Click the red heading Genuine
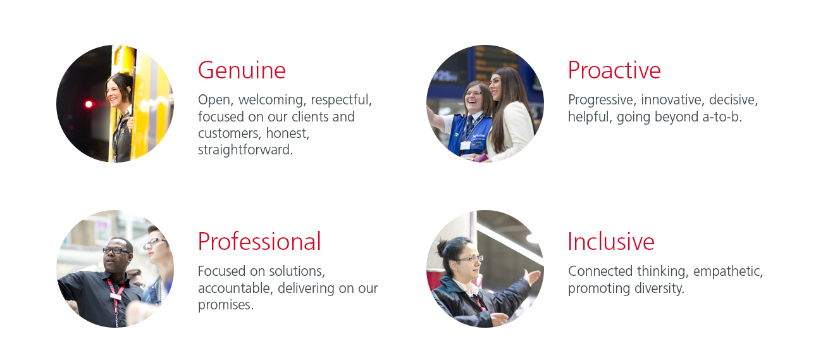coord(242,70)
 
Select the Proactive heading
coord(614,70)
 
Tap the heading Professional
coord(259,242)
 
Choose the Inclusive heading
coord(611,242)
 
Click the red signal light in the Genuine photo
coord(89,104)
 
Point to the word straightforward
coord(245,150)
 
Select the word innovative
coord(673,100)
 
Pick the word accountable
coord(235,288)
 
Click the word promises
coord(226,305)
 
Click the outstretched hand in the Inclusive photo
coord(531,277)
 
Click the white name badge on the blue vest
coord(465,146)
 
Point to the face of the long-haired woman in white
coord(495,87)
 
